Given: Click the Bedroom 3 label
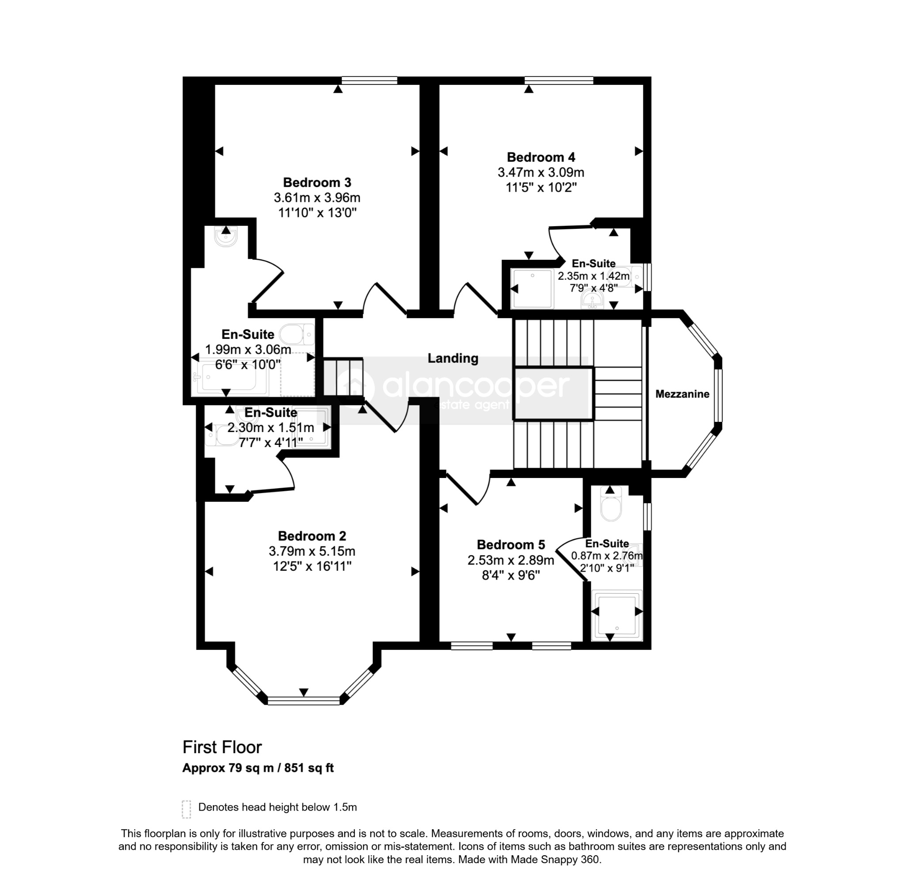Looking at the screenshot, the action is (317, 182).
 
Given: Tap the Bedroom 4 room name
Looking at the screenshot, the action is (541, 157).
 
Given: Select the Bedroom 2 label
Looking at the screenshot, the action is (312, 536).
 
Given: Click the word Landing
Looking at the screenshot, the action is (453, 358).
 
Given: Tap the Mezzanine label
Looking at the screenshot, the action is (682, 394).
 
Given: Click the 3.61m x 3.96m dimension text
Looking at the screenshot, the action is (317, 197).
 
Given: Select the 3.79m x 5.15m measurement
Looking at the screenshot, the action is (312, 551).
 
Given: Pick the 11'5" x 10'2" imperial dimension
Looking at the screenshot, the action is (541, 187).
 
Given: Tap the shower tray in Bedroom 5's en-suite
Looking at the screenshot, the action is (616, 615).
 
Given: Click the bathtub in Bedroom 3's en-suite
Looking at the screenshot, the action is (230, 378).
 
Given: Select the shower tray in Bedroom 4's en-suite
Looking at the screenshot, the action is (532, 288).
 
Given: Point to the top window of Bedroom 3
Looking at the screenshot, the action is (369, 80).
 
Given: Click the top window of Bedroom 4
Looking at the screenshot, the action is (559, 80).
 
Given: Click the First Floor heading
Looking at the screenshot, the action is (222, 747).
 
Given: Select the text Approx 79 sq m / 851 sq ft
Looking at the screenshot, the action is (258, 768).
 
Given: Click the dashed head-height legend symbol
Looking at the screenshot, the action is (186, 809).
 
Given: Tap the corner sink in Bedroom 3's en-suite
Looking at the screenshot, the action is (226, 236).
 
